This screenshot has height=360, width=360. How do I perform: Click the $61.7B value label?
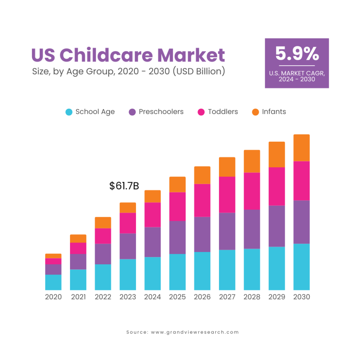tap(124, 186)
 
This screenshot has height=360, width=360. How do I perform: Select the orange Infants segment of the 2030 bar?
tap(302, 148)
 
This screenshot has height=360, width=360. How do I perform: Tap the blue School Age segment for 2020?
tap(53, 282)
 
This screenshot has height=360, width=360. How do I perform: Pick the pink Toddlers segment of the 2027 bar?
tap(227, 194)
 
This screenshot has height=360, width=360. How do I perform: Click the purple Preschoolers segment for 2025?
tap(178, 237)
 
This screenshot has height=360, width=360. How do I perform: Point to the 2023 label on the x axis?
tap(128, 297)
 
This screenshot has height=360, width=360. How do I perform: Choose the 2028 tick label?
tap(252, 297)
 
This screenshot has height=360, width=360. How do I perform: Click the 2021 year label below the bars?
tap(78, 297)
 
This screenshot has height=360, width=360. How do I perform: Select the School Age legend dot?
tap(69, 112)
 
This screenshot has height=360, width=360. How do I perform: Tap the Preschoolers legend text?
tap(161, 112)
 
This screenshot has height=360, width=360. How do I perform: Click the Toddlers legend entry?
tap(223, 112)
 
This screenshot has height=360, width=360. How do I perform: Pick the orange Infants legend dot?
tap(256, 112)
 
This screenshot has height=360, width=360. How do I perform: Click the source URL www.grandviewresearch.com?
tap(195, 332)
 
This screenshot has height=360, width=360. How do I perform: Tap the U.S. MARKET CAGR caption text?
tap(297, 73)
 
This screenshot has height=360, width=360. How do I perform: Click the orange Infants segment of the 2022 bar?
tap(103, 223)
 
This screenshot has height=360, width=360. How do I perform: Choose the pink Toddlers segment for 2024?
tap(153, 215)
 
